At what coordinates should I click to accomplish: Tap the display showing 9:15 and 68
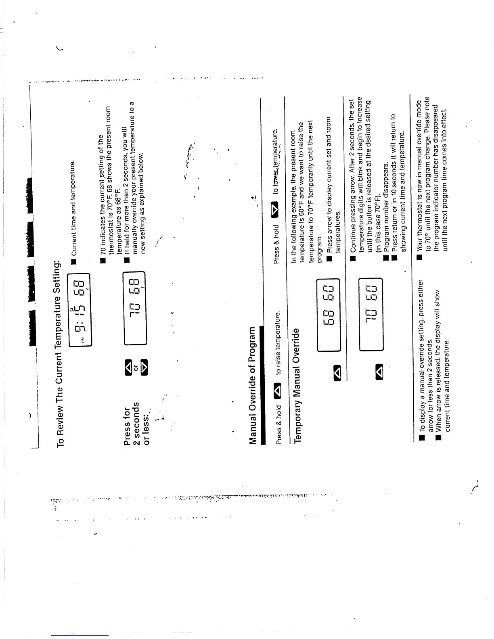tap(80, 309)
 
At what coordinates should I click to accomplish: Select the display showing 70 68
tap(134, 309)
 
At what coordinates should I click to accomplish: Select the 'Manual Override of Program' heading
tap(253, 385)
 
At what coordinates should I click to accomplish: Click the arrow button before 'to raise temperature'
tap(278, 391)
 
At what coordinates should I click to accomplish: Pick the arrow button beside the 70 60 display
tap(379, 371)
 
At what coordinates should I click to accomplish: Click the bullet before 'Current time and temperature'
tap(74, 262)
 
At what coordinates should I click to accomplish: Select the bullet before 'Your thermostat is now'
tap(420, 257)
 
